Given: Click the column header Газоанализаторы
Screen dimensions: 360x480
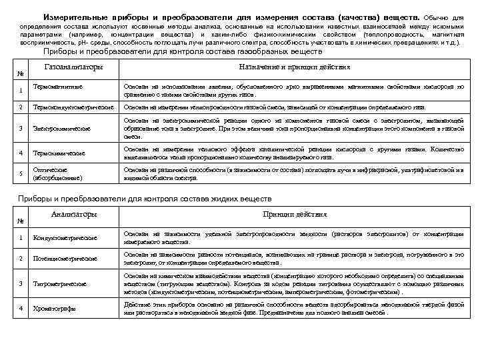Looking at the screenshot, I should pyautogui.click(x=73, y=67).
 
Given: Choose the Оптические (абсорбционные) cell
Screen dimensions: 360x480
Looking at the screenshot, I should pyautogui.click(x=59, y=174).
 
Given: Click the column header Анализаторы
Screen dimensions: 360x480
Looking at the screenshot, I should pyautogui.click(x=74, y=214).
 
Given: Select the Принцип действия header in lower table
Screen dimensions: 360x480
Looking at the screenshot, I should pyautogui.click(x=294, y=215).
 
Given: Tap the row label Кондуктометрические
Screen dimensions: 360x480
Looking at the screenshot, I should pyautogui.click(x=65, y=237).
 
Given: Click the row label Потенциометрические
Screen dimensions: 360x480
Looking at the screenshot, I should pyautogui.click(x=66, y=258).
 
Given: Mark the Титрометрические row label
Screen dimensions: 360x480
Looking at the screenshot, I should pyautogui.click(x=61, y=283).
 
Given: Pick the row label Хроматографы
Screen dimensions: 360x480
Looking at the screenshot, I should pyautogui.click(x=54, y=308).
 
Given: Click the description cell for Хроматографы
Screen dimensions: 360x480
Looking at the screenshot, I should pyautogui.click(x=293, y=308).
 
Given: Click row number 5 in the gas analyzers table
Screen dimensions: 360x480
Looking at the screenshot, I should pyautogui.click(x=21, y=174).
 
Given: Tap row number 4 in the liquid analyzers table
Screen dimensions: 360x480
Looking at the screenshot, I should pyautogui.click(x=21, y=308).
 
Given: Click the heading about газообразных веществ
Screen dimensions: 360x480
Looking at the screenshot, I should pyautogui.click(x=182, y=51).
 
